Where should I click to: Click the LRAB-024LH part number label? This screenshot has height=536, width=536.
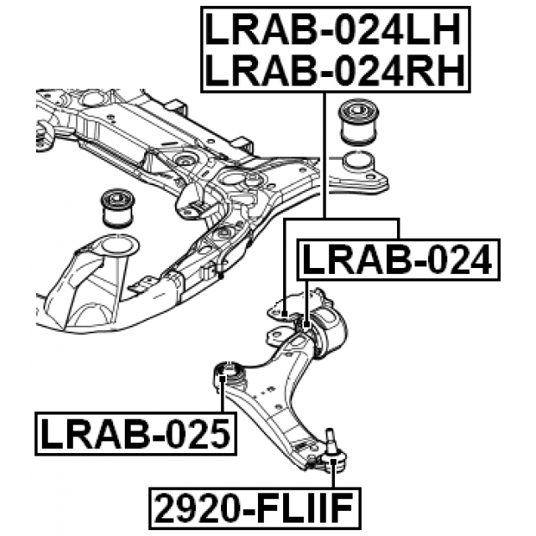(333, 30)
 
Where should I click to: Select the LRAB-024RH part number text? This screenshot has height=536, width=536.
(335, 70)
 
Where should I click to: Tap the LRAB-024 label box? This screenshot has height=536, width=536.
(399, 260)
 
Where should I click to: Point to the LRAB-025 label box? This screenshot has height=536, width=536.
(136, 434)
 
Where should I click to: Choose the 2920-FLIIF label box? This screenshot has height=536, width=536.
(255, 508)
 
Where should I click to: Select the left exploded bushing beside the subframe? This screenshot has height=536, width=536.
(118, 209)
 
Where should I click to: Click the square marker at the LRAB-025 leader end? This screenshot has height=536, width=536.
(222, 378)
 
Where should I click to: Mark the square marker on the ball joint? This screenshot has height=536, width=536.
(333, 462)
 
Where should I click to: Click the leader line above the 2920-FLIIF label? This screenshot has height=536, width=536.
(333, 477)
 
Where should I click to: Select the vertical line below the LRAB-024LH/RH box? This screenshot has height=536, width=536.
(324, 155)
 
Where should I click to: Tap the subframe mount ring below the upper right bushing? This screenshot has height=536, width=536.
(358, 163)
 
